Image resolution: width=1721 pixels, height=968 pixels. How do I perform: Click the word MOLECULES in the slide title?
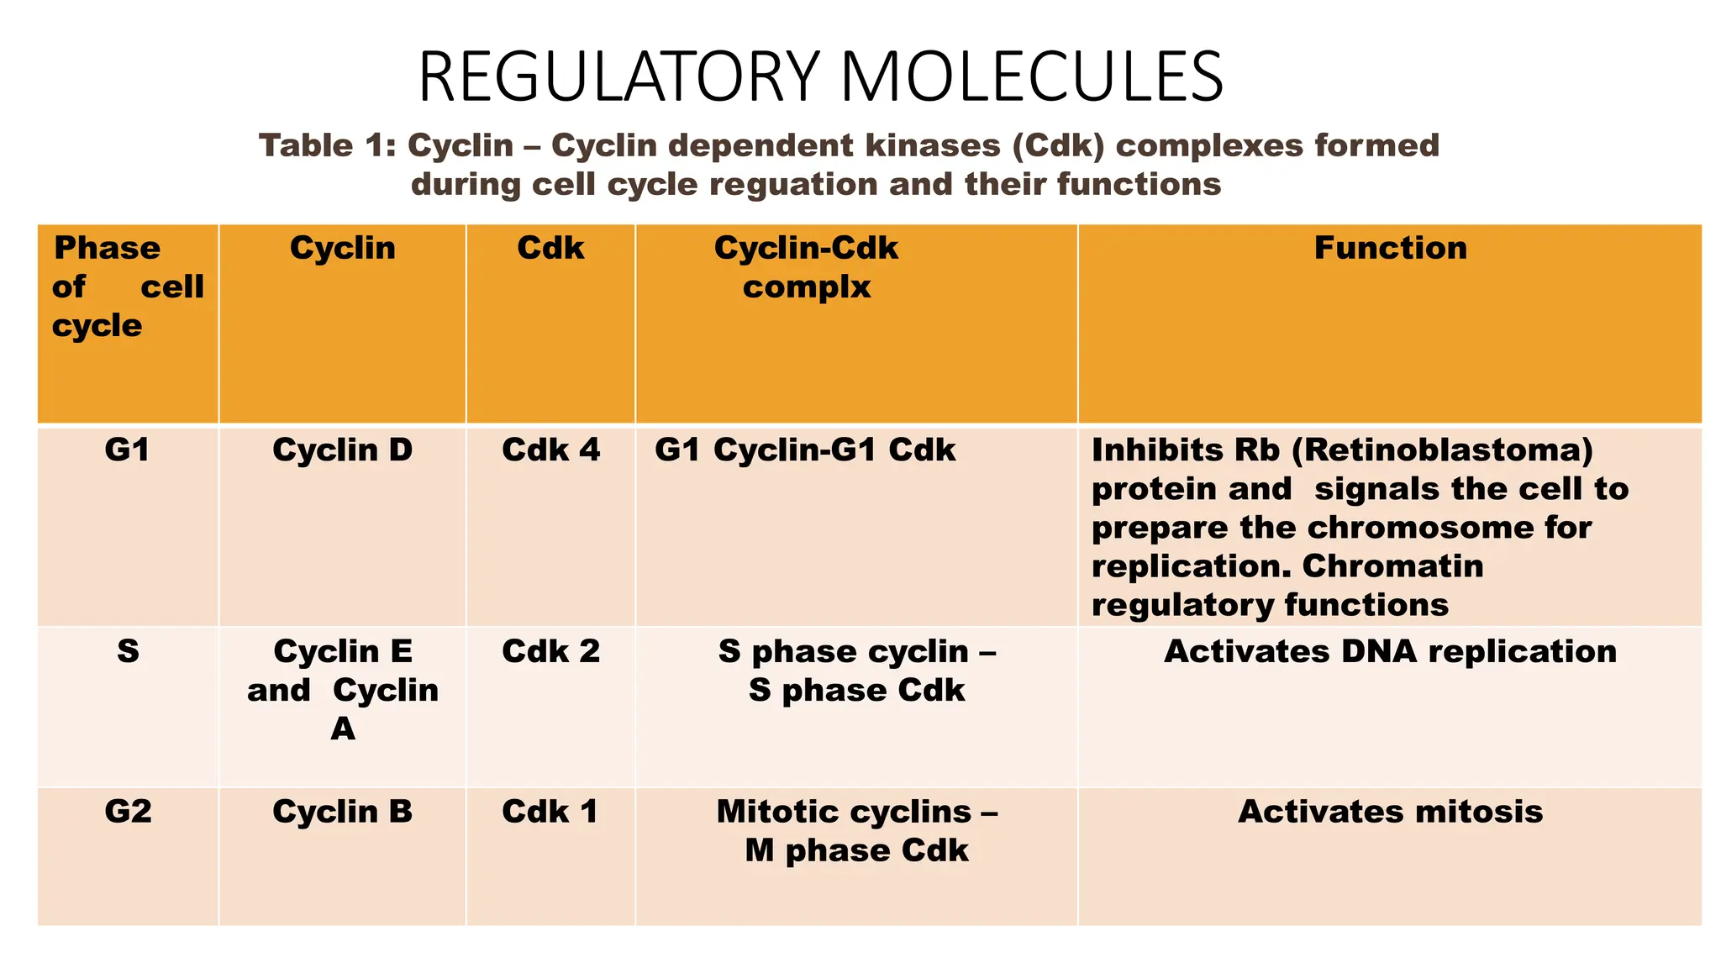coord(1031,77)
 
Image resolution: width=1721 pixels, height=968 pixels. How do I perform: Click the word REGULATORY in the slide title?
coord(618,77)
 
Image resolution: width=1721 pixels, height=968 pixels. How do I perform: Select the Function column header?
coord(1390,249)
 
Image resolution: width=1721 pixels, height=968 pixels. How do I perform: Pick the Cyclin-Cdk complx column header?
coord(806,267)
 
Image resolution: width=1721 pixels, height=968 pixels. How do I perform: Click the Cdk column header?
coord(550,249)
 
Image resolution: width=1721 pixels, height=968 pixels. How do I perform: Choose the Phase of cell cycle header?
coord(128,287)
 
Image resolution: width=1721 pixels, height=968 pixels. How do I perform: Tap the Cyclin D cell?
coord(342,450)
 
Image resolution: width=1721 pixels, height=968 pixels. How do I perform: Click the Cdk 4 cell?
coord(550,450)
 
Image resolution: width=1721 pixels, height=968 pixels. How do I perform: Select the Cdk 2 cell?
coord(550,652)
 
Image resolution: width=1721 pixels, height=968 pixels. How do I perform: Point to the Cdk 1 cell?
coord(550,812)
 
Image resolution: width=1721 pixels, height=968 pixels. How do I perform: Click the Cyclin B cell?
coord(342,812)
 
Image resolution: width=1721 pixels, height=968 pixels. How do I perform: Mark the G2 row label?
coord(128,812)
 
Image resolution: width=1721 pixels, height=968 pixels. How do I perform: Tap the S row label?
coord(128,652)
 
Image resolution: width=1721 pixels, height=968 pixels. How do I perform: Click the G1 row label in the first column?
coord(128,450)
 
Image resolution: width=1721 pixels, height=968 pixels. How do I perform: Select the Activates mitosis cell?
coord(1390,812)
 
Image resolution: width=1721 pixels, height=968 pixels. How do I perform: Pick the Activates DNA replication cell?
coord(1390,652)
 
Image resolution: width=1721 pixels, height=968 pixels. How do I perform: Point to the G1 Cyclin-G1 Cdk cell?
coord(805,450)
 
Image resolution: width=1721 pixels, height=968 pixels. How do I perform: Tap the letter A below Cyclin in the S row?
coord(342,729)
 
